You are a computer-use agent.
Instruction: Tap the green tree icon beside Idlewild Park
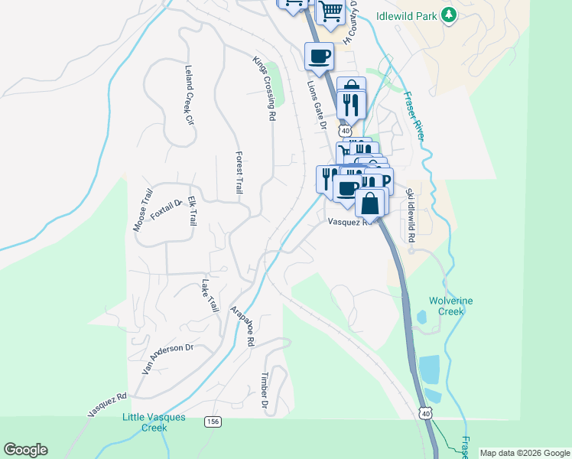tap(450, 15)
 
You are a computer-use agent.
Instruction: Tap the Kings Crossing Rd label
tap(264, 88)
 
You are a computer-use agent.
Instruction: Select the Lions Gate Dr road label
tap(316, 105)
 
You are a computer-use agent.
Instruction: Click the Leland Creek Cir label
tap(187, 94)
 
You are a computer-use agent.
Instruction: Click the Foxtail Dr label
tap(164, 209)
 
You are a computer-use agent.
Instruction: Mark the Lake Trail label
tap(208, 295)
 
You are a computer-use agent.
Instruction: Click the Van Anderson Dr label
tap(168, 357)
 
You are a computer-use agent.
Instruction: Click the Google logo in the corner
tap(25, 450)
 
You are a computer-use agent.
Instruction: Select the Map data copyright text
tap(525, 453)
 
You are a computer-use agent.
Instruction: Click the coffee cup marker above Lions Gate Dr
tap(319, 55)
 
